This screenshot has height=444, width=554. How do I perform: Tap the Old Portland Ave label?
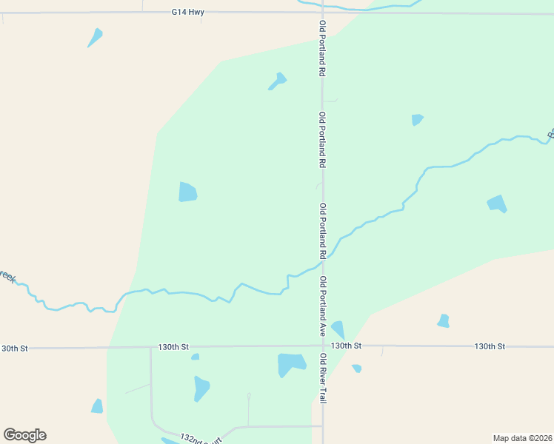[323, 306]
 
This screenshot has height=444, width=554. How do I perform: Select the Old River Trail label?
[323, 377]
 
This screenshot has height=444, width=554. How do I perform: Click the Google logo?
[24, 435]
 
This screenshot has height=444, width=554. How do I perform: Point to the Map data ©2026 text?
[523, 437]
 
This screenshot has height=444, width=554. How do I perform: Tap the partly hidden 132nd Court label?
[200, 439]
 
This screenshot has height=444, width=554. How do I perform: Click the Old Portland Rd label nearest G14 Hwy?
[322, 49]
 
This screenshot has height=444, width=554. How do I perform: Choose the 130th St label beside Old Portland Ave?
[346, 346]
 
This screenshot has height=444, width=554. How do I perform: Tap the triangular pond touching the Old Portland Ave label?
[338, 329]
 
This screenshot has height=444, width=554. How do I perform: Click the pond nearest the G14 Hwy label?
[95, 37]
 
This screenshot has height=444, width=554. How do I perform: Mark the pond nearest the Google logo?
[97, 406]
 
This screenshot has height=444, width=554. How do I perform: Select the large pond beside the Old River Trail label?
[291, 364]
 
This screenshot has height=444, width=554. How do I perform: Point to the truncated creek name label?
[7, 276]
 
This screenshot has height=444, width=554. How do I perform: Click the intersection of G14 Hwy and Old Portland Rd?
[322, 13]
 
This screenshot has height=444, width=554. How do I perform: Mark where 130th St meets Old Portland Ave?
[323, 346]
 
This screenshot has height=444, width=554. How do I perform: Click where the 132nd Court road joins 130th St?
[151, 346]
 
